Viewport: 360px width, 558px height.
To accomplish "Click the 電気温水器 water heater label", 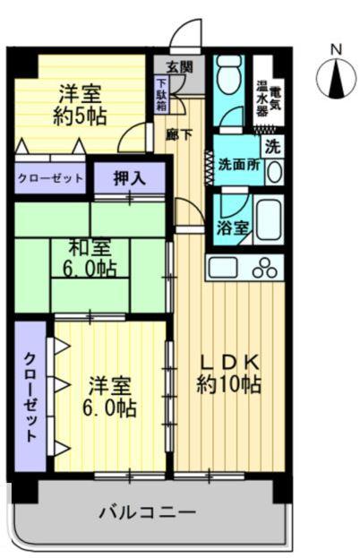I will coord(269,90).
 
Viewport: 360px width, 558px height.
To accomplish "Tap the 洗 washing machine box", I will coord(273,143).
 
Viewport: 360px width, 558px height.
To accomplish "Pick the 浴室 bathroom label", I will coord(232,227).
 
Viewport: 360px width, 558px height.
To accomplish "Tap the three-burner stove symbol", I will coord(266,267).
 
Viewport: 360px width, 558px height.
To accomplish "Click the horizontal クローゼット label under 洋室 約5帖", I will coord(50,178).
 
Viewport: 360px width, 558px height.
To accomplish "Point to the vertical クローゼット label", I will coord(29,396).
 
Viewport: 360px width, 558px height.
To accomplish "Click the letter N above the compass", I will coord(337,48).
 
